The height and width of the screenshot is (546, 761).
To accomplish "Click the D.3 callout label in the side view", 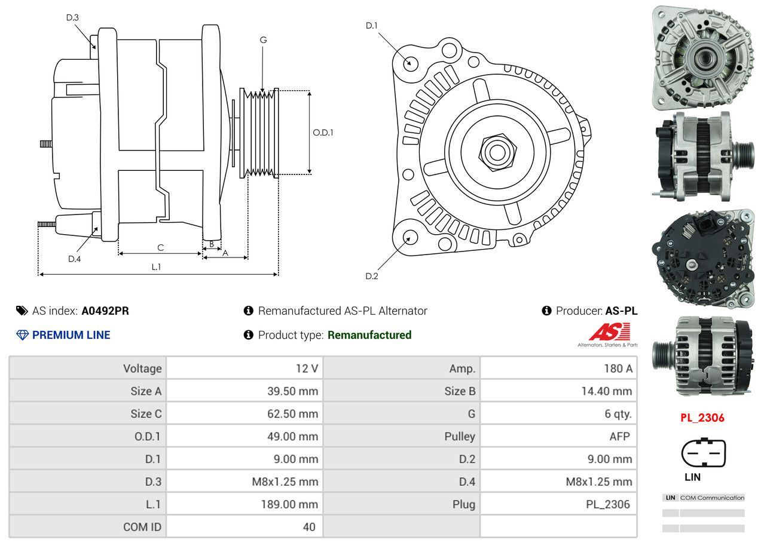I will coord(72,17).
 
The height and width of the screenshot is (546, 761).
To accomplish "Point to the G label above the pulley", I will coord(263,40).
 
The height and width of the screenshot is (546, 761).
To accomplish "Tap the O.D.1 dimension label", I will coord(323,132).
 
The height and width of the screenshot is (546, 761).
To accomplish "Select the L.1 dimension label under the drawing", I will coord(156,267).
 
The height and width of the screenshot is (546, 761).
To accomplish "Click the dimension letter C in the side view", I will coord(160,247).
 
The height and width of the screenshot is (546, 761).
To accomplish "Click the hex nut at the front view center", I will coord(496,151).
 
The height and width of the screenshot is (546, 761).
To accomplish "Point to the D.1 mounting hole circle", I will coord(410,63).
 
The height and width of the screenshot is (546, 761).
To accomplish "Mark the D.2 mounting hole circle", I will coord(409,238).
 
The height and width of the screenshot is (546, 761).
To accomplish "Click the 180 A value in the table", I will coord(618,369).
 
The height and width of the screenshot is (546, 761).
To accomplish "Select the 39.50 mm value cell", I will coord(292,391).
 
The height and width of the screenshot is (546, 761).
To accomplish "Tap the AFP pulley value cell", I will coord(619,436).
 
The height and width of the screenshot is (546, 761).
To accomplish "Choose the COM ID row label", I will coord(142,527).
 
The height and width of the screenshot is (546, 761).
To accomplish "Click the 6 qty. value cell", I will coord(618,413).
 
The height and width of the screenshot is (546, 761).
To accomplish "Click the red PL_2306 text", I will coord(702,418).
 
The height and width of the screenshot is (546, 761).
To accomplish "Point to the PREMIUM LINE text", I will coord(71,335).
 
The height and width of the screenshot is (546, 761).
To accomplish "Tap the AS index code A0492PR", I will coord(105,311).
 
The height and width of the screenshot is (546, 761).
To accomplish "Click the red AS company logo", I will coord(609,332).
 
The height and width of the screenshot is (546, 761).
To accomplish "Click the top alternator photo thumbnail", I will coord(702,57).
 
